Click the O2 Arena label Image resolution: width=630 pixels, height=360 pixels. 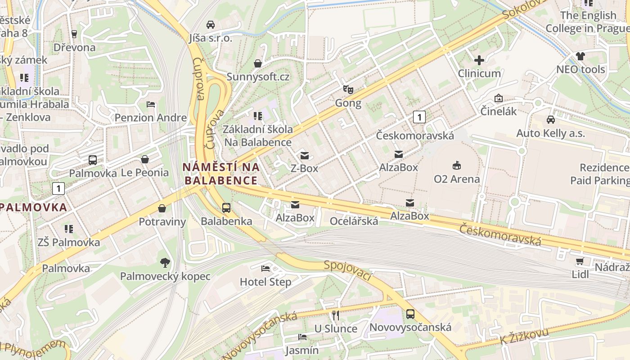click(457, 179)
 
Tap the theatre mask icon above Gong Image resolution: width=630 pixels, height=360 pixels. click(348, 89)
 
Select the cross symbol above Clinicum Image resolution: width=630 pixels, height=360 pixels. click(479, 60)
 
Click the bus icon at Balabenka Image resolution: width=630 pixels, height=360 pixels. click(226, 207)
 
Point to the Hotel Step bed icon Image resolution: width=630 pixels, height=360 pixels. click(265, 269)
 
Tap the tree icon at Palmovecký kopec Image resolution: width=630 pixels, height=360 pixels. click(165, 262)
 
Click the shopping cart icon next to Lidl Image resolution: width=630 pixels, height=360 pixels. click(580, 261)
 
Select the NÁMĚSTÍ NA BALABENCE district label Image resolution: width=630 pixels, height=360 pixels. click(221, 174)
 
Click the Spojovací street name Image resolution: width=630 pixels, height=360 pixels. click(347, 270)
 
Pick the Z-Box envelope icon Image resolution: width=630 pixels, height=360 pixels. click(305, 156)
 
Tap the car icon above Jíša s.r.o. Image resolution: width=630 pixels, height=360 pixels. click(211, 24)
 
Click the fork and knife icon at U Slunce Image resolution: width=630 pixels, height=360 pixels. click(335, 315)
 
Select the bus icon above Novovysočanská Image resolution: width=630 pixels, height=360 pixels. click(410, 314)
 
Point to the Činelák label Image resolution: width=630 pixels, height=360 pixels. click(499, 111)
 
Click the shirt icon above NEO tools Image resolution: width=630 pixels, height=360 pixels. click(580, 56)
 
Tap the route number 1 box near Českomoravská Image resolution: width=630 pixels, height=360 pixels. click(419, 117)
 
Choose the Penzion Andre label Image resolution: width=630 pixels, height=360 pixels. click(151, 118)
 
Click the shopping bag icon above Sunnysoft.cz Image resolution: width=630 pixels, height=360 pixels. click(258, 63)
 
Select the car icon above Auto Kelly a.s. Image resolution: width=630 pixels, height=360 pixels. click(550, 120)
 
